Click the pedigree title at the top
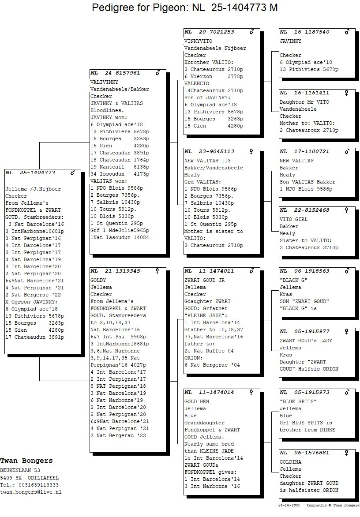pos(184,7)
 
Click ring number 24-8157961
pos(122,73)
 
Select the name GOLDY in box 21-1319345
pos(97,280)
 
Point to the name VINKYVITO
pos(197,41)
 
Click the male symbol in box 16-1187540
pos(347,32)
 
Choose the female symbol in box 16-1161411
pos(347,93)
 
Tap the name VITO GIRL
pos(293,219)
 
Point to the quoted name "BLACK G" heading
pos(293,280)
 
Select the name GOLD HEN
pos(197,401)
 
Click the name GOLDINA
pos(290,462)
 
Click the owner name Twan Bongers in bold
pos(26,461)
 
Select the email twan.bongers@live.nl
pos(31,491)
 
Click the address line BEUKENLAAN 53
pos(20,470)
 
